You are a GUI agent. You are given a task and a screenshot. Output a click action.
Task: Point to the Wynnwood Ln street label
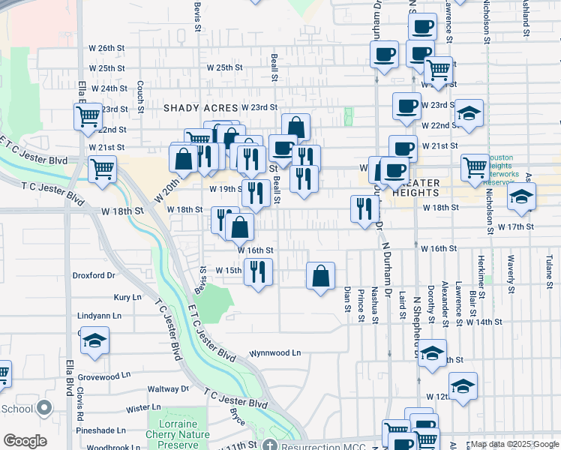click(275, 352)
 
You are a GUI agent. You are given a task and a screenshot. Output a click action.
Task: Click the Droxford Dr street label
click(94, 275)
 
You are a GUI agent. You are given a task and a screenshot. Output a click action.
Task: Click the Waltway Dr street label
click(168, 389)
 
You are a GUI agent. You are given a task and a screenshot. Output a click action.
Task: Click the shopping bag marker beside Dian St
click(320, 276)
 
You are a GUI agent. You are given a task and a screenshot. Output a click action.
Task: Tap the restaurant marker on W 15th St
click(258, 271)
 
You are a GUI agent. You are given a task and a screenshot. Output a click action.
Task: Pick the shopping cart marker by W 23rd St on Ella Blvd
click(88, 117)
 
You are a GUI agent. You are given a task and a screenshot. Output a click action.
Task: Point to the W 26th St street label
click(105, 48)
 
